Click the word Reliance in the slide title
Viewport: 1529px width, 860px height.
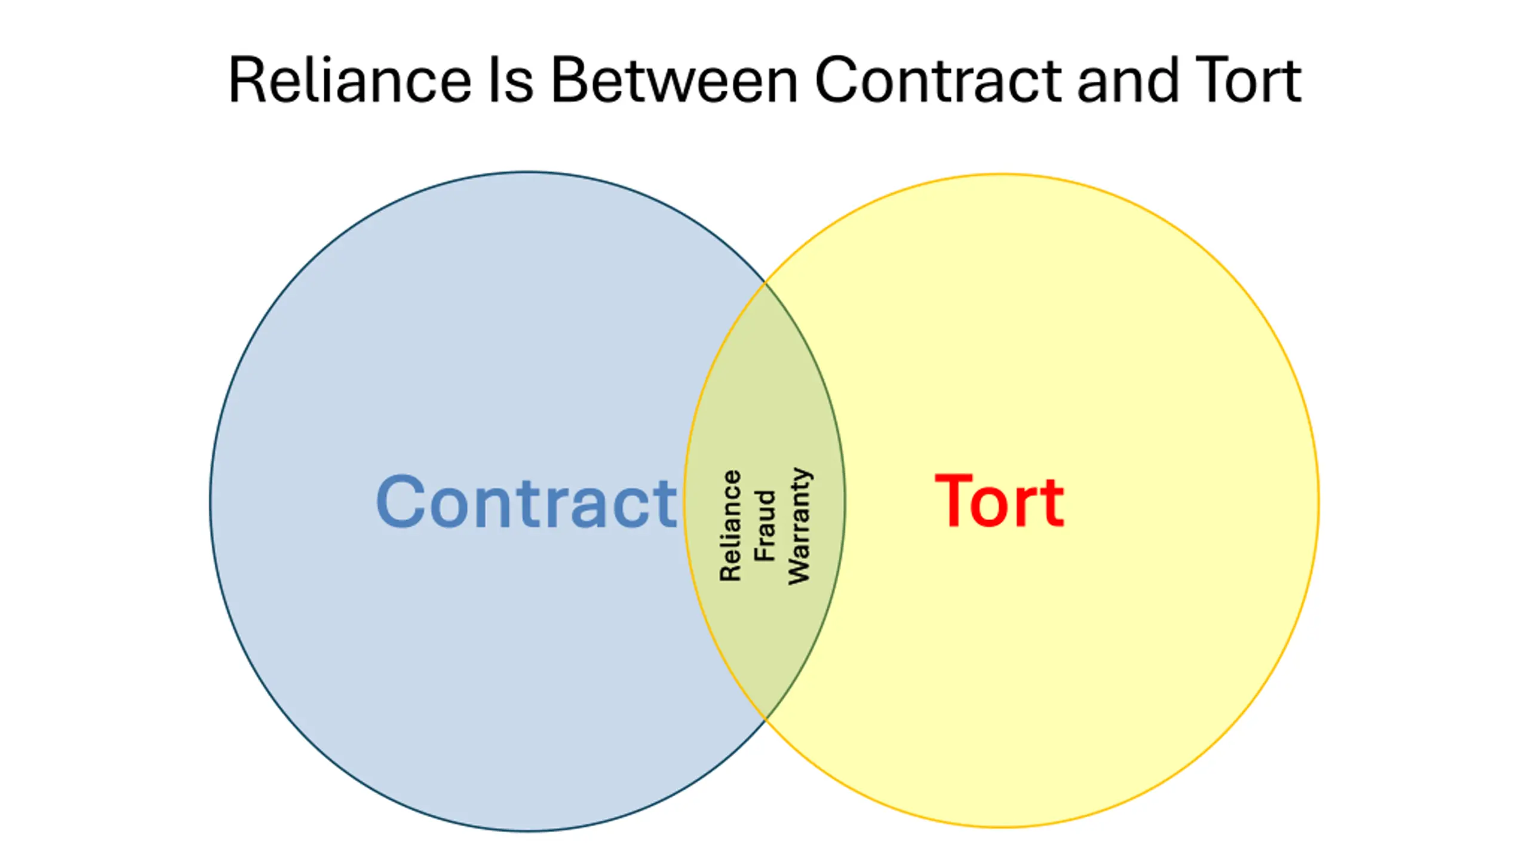(x=349, y=81)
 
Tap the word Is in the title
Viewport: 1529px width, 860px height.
(x=511, y=81)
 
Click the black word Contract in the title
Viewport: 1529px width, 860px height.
(x=938, y=81)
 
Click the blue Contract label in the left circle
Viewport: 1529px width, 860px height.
(x=526, y=502)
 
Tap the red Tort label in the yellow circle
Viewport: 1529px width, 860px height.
(x=999, y=502)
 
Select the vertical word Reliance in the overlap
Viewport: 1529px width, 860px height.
(x=730, y=526)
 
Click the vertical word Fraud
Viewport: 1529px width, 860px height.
(x=764, y=526)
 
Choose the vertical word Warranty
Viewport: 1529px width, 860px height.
(x=799, y=526)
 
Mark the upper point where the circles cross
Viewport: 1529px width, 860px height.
(x=765, y=283)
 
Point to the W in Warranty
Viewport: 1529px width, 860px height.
(x=799, y=572)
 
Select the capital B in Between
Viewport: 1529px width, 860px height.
(x=567, y=81)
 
